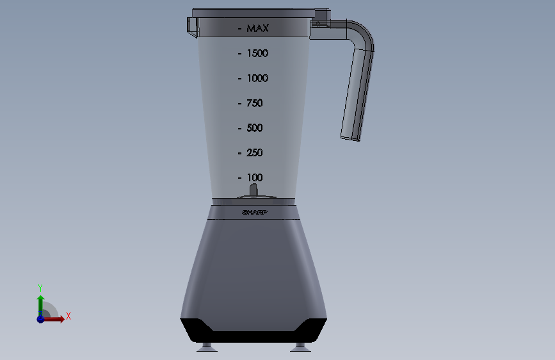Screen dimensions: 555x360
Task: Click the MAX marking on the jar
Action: pyautogui.click(x=258, y=28)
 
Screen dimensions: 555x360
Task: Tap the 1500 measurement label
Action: pyautogui.click(x=257, y=54)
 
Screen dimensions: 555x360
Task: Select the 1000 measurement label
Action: pyautogui.click(x=257, y=78)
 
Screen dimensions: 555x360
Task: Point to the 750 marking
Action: pyautogui.click(x=255, y=103)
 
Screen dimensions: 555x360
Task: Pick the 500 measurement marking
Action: pyautogui.click(x=255, y=128)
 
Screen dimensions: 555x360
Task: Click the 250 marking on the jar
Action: pyautogui.click(x=255, y=152)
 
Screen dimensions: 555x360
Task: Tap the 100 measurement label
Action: pyautogui.click(x=255, y=177)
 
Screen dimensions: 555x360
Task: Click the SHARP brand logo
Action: pyautogui.click(x=255, y=212)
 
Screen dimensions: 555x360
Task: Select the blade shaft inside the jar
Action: pyautogui.click(x=253, y=190)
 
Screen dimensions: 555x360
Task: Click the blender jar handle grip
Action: pyautogui.click(x=357, y=94)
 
